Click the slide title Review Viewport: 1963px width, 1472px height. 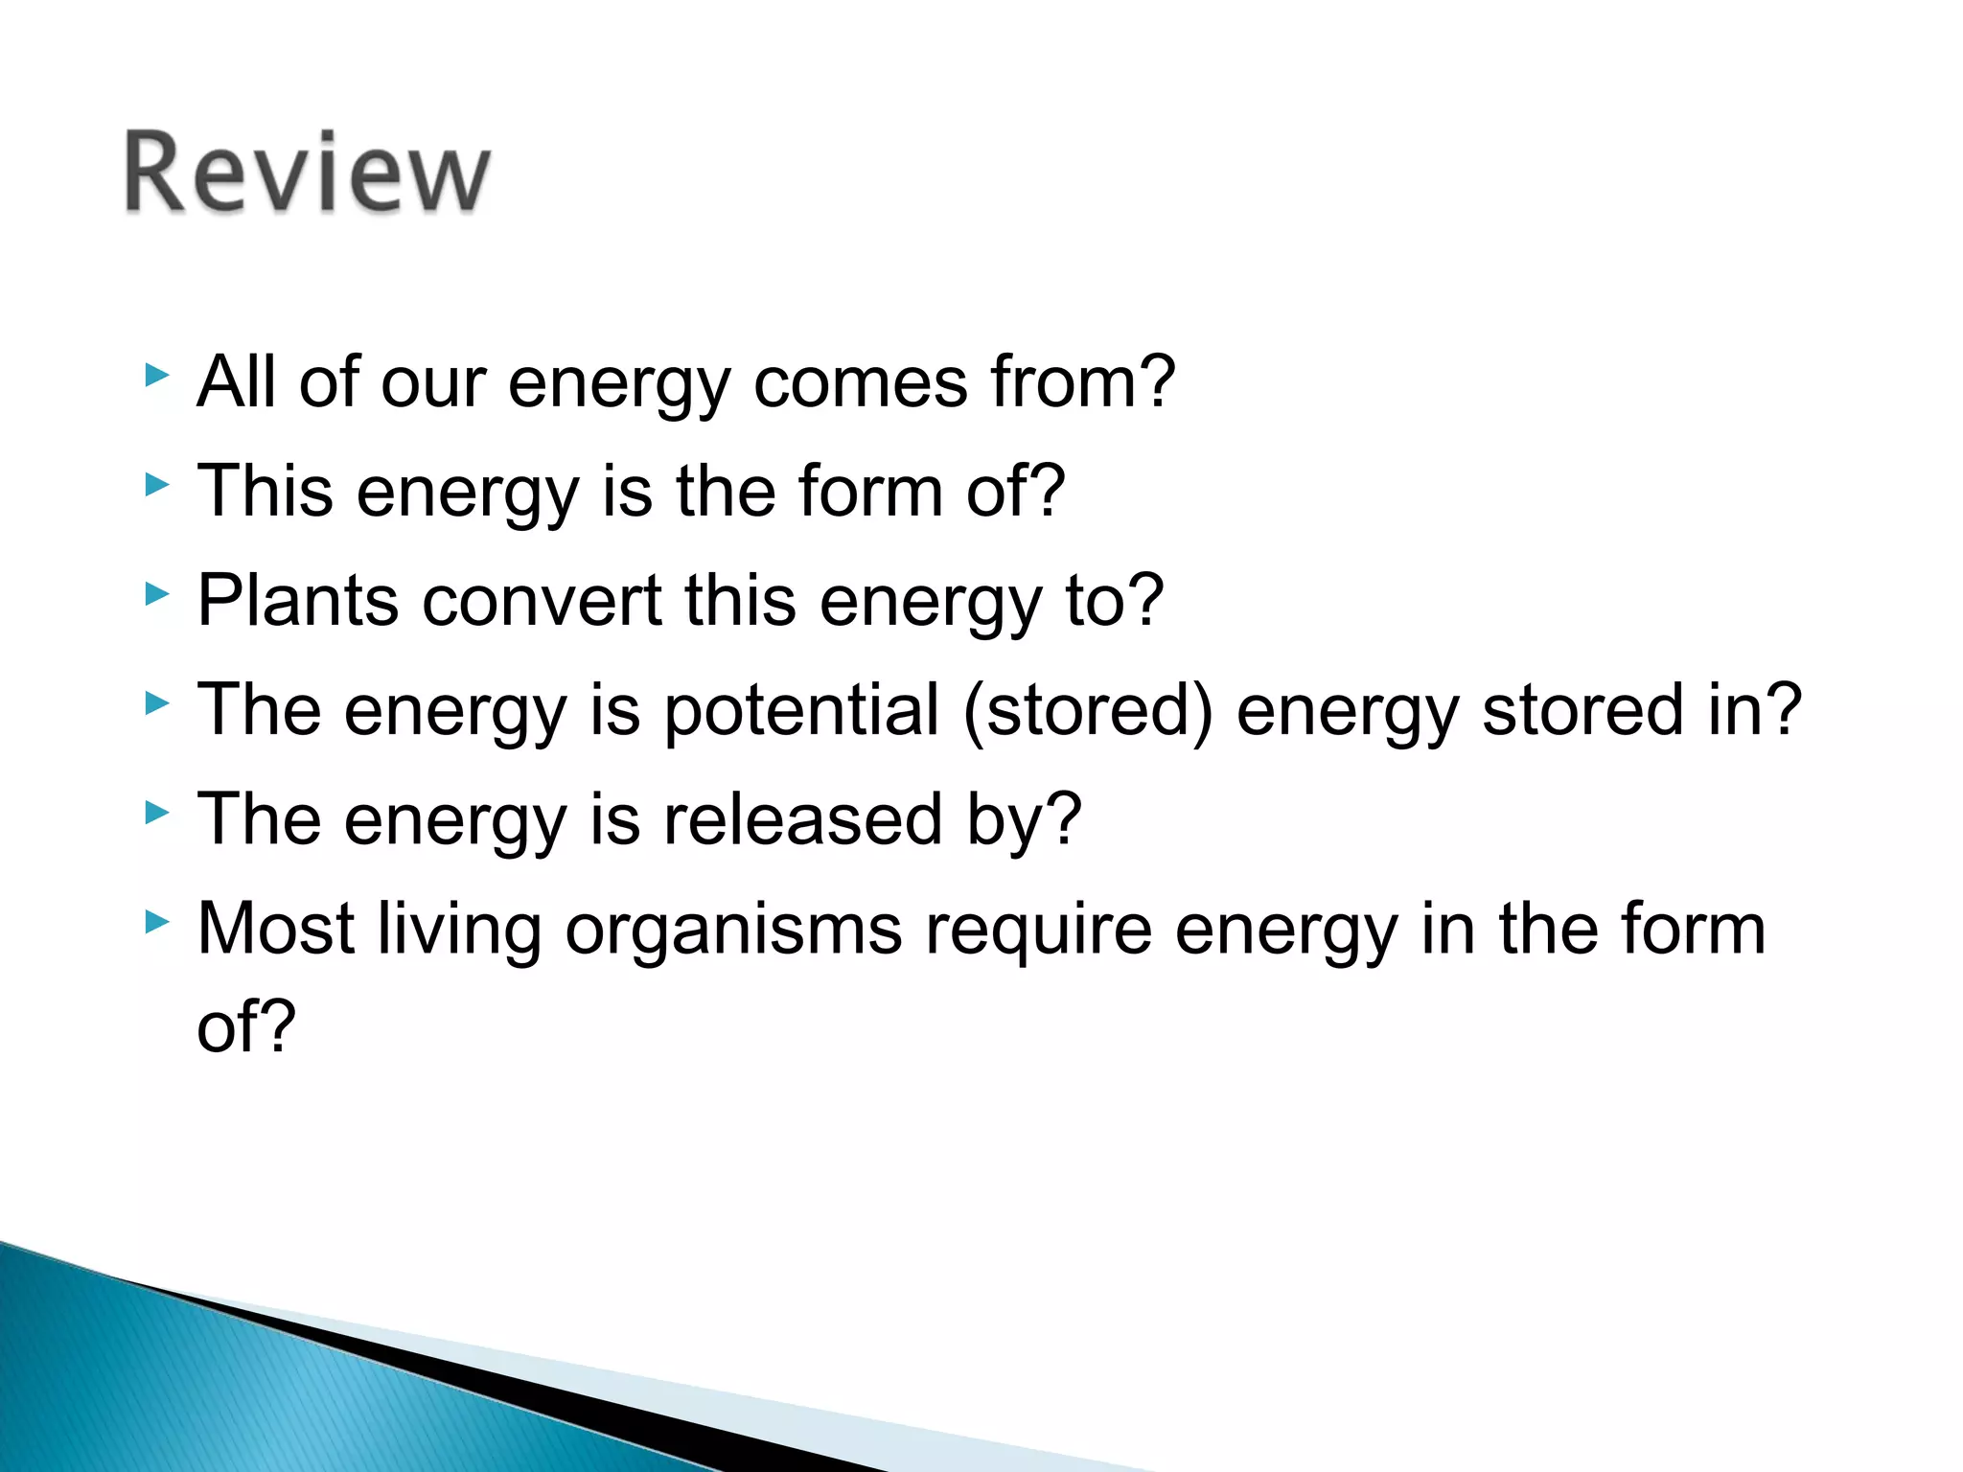pos(307,172)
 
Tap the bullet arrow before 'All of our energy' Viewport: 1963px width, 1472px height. pos(156,375)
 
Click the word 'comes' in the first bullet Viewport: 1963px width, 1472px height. pos(861,382)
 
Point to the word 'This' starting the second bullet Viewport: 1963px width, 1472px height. pos(266,492)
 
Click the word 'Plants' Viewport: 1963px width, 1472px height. pos(297,601)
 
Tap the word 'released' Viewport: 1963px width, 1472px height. pos(803,819)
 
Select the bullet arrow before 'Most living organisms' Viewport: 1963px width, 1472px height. pos(156,923)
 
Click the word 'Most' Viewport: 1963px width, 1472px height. pos(276,929)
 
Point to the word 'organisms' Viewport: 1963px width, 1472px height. pos(733,931)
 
